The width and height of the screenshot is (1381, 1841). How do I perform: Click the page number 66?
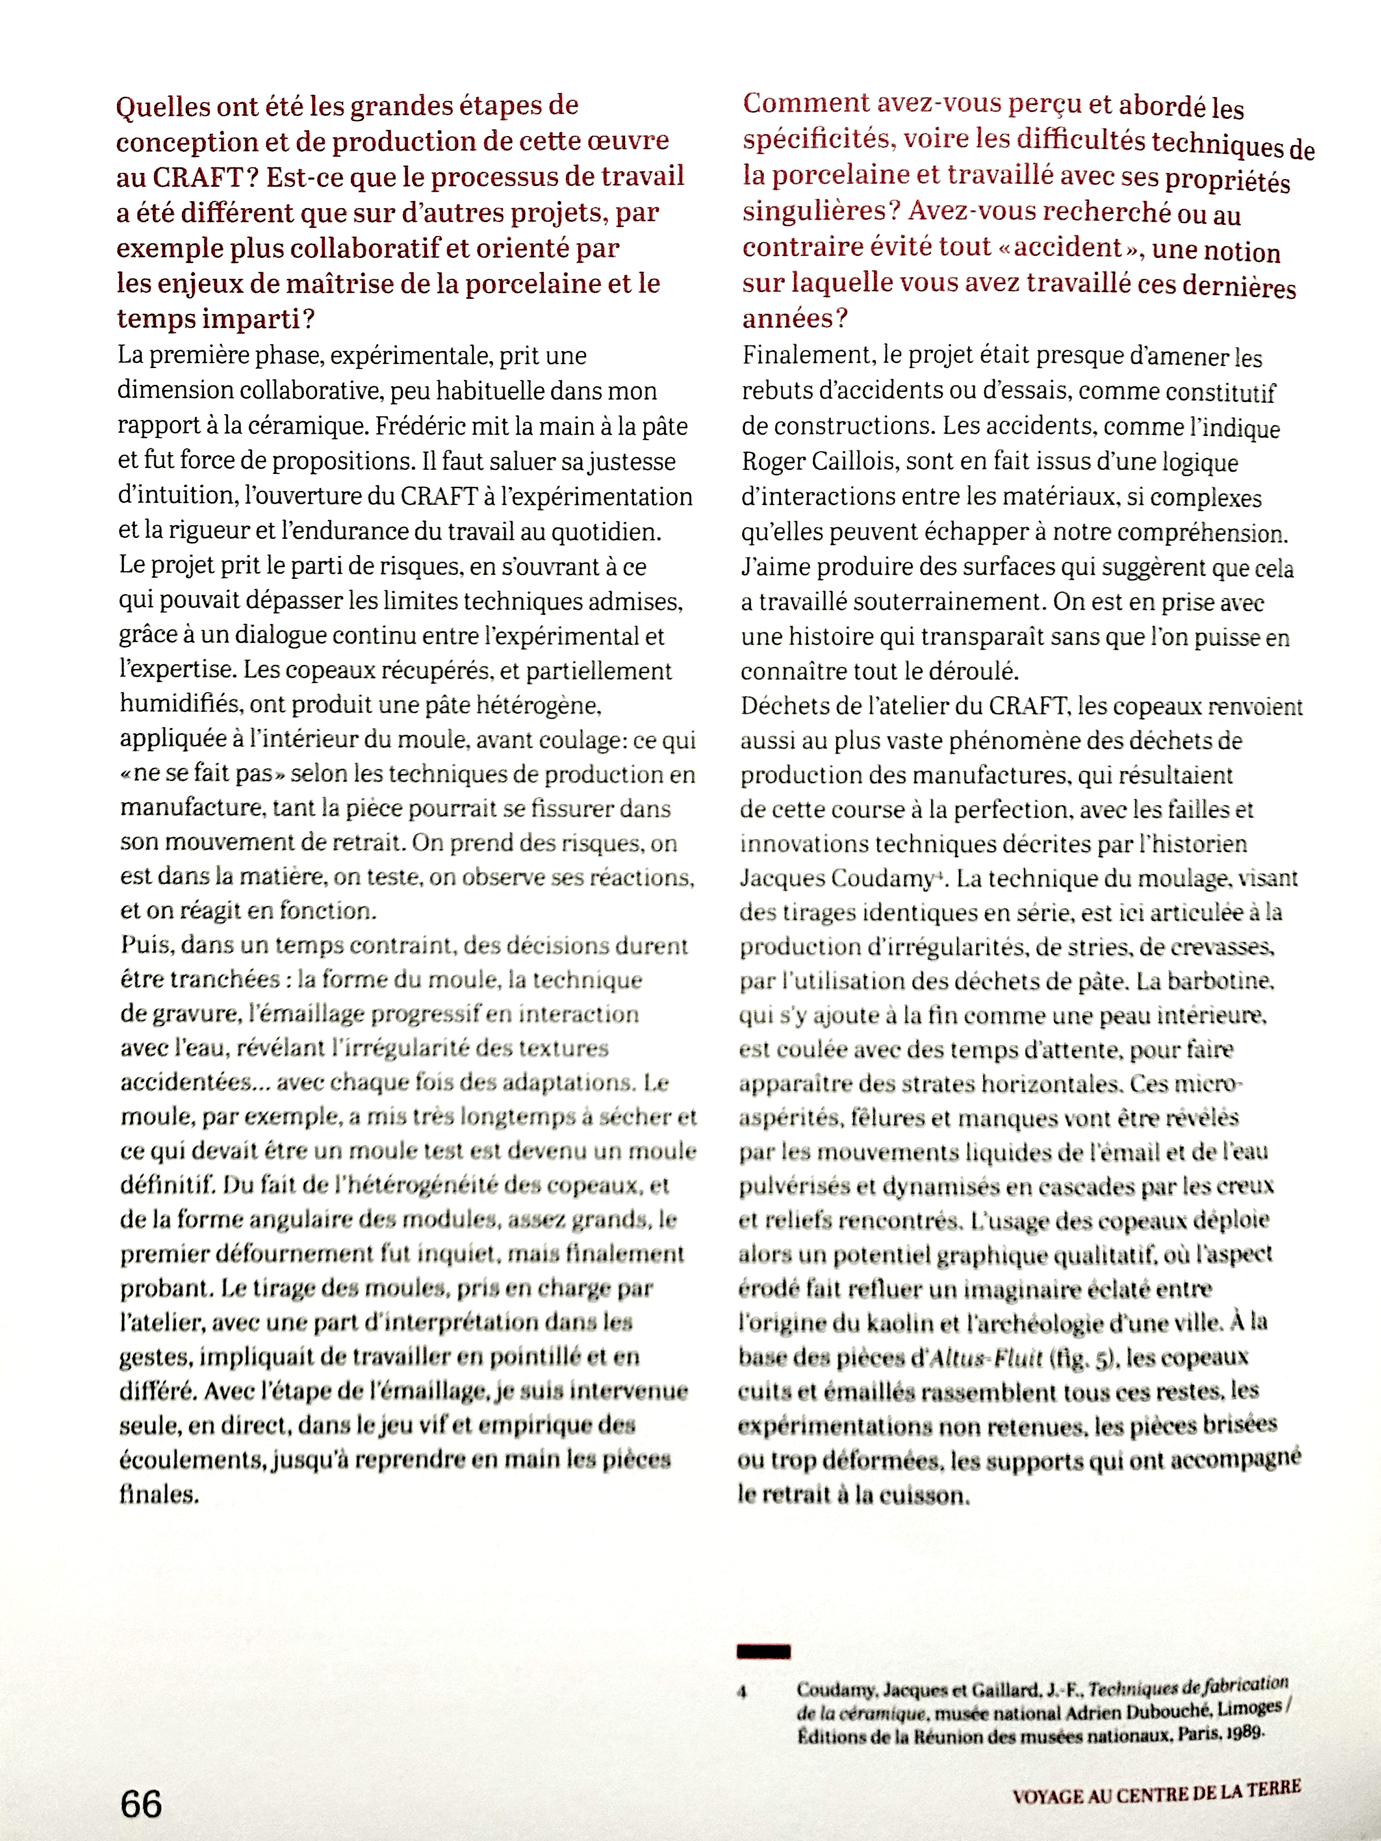[x=142, y=1804]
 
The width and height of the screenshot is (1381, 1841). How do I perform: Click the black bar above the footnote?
[x=763, y=1651]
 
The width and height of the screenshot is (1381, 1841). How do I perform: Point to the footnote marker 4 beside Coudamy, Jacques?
[x=741, y=1691]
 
